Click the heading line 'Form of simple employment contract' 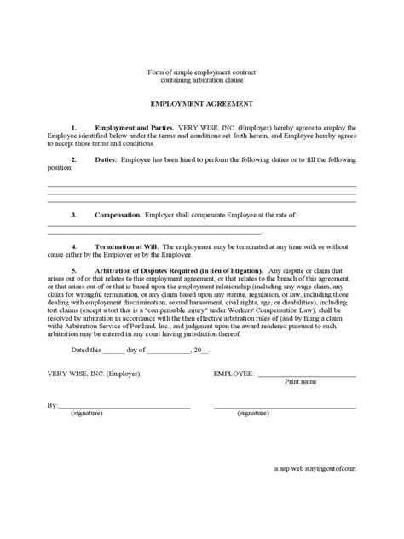pyautogui.click(x=201, y=74)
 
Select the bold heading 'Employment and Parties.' pyautogui.click(x=129, y=127)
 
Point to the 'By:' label pyautogui.click(x=52, y=404)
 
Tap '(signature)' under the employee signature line pyautogui.click(x=253, y=412)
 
